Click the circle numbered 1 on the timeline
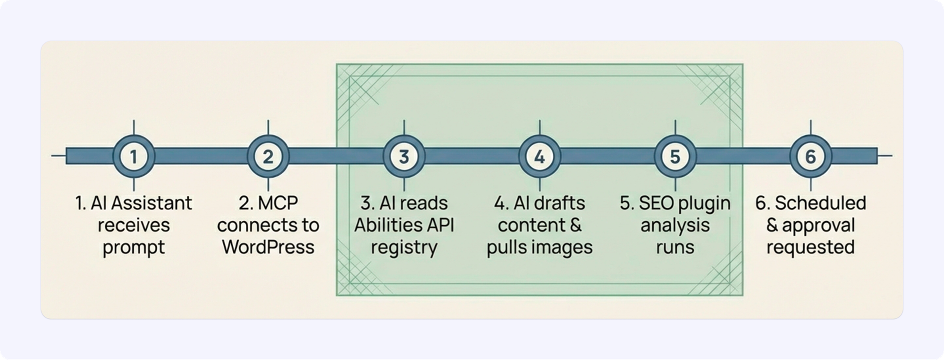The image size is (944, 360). tap(134, 156)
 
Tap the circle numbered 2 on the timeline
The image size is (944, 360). tap(268, 156)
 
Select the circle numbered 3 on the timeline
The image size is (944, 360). tap(404, 156)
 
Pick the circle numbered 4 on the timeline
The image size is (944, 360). tap(539, 156)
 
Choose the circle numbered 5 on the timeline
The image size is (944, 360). tap(675, 156)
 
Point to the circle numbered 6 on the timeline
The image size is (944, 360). tap(810, 156)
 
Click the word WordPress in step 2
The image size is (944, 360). tap(268, 247)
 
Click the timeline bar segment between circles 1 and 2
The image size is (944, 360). tap(201, 156)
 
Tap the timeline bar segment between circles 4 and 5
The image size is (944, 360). tap(607, 156)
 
